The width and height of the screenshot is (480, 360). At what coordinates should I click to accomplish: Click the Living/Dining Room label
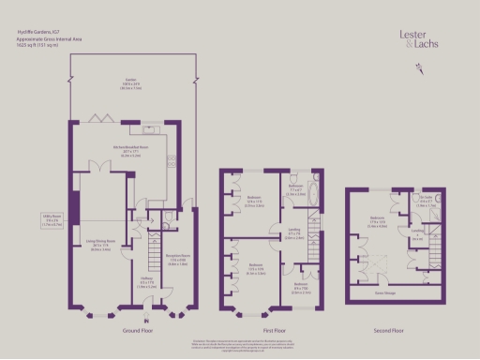(x=101, y=243)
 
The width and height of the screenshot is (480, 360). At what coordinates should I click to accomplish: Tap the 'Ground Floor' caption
(x=137, y=331)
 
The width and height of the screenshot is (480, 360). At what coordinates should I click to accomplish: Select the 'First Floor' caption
(x=274, y=331)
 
